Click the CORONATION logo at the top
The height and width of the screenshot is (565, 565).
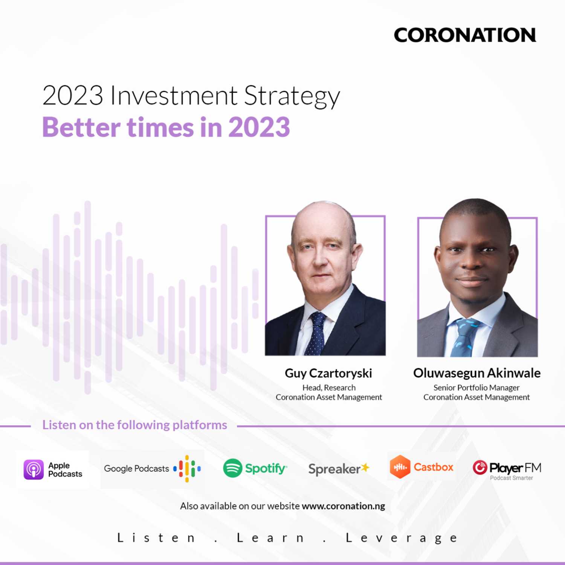coord(465,35)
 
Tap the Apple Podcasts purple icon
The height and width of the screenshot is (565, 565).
coord(34,469)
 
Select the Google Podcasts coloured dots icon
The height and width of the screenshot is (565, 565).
coord(187,469)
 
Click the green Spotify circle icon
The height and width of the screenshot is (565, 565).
coord(232,468)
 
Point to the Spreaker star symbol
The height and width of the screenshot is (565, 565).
coord(365,467)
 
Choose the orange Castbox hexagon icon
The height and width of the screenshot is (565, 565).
coord(400,467)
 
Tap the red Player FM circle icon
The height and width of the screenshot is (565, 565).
coord(480,467)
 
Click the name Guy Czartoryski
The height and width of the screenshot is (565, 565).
coord(328,374)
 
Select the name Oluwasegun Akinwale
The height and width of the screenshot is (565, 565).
coord(477,373)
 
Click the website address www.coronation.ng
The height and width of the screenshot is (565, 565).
coord(344,506)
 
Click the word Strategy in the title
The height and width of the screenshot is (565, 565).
coord(292,96)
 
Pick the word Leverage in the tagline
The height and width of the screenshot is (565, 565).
coord(402,538)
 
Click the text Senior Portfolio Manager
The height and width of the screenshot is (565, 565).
coord(476,388)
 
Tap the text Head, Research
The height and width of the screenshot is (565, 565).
coord(329,388)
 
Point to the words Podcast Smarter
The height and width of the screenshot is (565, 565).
coord(512,478)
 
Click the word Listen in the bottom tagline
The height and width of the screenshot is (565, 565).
coord(156,538)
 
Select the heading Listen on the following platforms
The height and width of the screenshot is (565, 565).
coord(135,425)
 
